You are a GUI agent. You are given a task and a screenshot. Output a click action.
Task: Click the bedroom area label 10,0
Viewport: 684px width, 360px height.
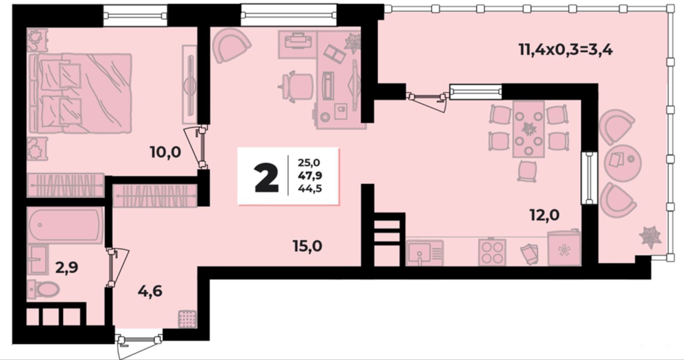pyautogui.click(x=165, y=152)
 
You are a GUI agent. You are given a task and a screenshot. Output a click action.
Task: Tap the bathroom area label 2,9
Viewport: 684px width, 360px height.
pyautogui.click(x=67, y=268)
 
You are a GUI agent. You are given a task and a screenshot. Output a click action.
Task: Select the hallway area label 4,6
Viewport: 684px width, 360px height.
pyautogui.click(x=150, y=291)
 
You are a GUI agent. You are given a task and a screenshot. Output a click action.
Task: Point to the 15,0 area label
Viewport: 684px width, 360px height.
pyautogui.click(x=307, y=246)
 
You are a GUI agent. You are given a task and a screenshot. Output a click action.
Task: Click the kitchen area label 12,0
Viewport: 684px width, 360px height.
pyautogui.click(x=545, y=215)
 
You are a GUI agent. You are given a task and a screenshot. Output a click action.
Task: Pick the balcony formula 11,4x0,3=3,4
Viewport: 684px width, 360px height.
pyautogui.click(x=566, y=50)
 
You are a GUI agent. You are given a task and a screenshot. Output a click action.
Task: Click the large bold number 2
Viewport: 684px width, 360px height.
pyautogui.click(x=266, y=178)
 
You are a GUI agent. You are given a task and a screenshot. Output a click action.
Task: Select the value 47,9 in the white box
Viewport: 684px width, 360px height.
pyautogui.click(x=310, y=176)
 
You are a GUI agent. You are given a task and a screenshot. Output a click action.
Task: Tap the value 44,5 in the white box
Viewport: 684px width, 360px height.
pyautogui.click(x=310, y=189)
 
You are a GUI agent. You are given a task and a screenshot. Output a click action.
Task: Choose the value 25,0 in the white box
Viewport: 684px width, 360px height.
pyautogui.click(x=309, y=163)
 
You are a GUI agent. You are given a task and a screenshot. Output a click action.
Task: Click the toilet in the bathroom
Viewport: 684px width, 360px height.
pyautogui.click(x=43, y=289)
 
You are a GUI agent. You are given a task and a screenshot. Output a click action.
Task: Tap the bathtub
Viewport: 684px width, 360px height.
pyautogui.click(x=65, y=225)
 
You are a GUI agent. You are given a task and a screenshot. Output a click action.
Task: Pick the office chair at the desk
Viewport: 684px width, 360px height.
pyautogui.click(x=297, y=86)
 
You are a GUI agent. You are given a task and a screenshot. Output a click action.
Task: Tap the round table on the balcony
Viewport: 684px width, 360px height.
pyautogui.click(x=622, y=163)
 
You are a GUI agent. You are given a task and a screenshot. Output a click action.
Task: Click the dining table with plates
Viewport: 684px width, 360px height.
pyautogui.click(x=528, y=130)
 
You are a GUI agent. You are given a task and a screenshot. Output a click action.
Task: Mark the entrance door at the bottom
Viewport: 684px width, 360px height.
pyautogui.click(x=139, y=343)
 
